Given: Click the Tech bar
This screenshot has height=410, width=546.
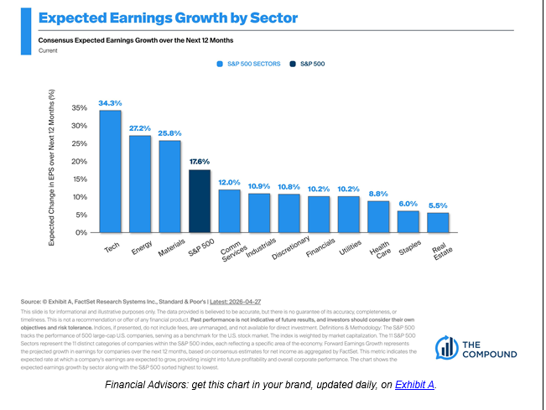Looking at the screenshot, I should tap(110, 172).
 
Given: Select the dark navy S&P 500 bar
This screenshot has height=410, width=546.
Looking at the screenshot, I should tap(200, 201).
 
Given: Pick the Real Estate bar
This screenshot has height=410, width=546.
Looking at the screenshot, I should tap(438, 222).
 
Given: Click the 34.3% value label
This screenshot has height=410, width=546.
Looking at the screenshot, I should tap(110, 104).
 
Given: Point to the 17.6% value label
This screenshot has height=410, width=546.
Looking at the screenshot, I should tap(200, 162).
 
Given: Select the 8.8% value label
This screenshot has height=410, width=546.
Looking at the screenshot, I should tap(378, 194).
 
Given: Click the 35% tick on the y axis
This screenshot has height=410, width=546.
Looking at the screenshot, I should tap(81, 108).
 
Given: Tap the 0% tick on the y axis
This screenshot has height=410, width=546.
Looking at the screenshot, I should tap(83, 232).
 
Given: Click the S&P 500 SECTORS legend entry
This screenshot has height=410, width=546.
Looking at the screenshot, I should tap(248, 63).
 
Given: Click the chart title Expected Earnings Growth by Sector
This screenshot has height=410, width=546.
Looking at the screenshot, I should tap(168, 17).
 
